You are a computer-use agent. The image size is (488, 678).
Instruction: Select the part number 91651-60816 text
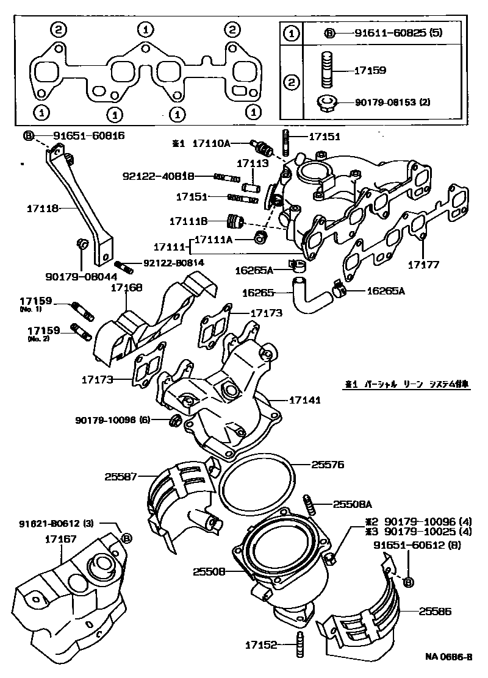[88, 135]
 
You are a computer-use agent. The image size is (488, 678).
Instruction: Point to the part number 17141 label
[304, 400]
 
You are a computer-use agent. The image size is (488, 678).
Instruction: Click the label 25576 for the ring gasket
[328, 464]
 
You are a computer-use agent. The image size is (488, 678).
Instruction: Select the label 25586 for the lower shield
[435, 610]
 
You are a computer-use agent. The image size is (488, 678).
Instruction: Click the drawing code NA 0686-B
[449, 657]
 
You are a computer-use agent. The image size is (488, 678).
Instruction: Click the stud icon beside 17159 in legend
[326, 70]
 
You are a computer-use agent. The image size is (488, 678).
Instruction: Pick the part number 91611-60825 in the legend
[390, 34]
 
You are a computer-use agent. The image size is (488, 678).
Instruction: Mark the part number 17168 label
[125, 287]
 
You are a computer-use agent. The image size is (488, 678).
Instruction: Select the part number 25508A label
[353, 504]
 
